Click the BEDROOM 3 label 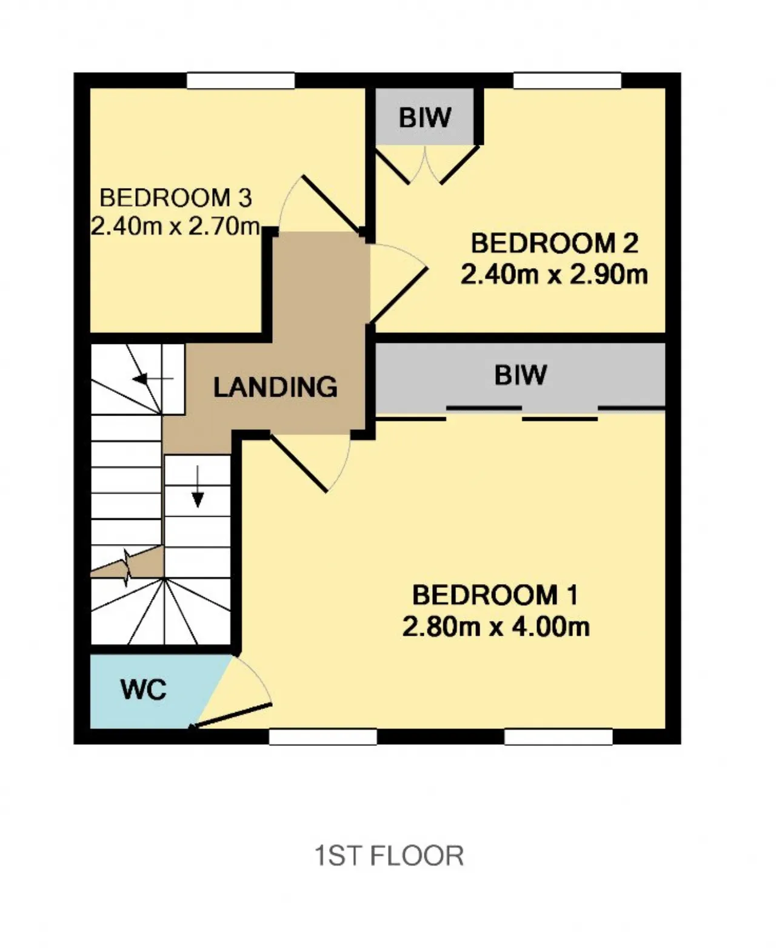click(x=176, y=198)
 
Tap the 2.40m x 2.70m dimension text click(x=176, y=226)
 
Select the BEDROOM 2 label click(x=555, y=243)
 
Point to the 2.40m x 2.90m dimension click(x=555, y=274)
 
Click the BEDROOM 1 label click(x=495, y=595)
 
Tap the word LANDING click(x=275, y=387)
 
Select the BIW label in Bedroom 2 click(x=424, y=117)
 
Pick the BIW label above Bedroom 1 click(x=521, y=375)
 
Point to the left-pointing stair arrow click(x=152, y=379)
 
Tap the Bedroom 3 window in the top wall click(x=241, y=81)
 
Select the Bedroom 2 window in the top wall click(x=567, y=81)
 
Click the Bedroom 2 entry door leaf click(x=398, y=295)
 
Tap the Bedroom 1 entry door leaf click(x=299, y=463)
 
